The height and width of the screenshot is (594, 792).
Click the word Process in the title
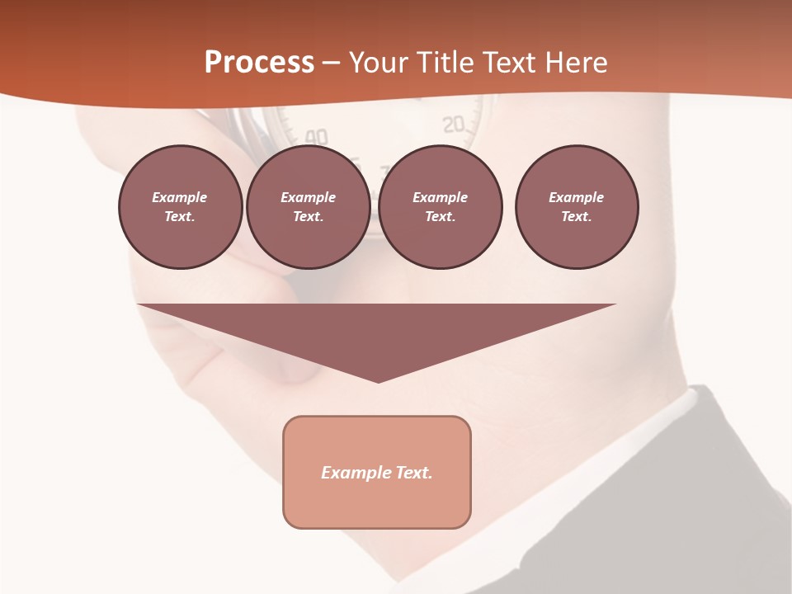pos(259,63)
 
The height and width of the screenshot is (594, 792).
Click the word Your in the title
pos(379,63)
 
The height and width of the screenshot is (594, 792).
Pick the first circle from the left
pos(180,207)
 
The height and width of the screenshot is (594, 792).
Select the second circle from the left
pos(308,207)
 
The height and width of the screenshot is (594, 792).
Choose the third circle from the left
pos(440,207)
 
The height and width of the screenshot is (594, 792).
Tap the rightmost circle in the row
pos(577,207)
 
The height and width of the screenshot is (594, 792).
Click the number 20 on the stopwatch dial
pos(455,125)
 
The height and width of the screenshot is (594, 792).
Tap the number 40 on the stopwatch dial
pos(316,137)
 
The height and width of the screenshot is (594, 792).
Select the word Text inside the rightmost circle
pos(576,217)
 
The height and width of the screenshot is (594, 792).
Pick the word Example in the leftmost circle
pos(180,197)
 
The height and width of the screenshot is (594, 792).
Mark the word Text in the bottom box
pos(415,473)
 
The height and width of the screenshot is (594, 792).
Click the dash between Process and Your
pos(332,63)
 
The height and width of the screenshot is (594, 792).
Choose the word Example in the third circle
pos(440,197)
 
